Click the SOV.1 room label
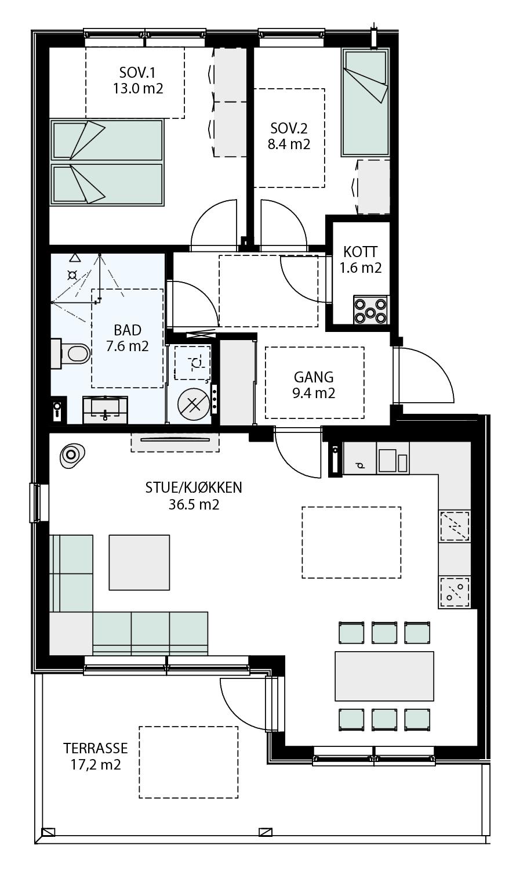tap(137, 73)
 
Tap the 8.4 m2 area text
tap(289, 145)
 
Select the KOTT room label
tap(360, 252)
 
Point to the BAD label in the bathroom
tap(128, 330)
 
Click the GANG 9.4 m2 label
tap(314, 385)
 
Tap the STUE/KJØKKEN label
tap(194, 487)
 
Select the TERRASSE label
tap(96, 749)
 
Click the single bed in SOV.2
tap(365, 103)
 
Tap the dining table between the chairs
tap(384, 676)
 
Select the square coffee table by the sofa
tap(139, 562)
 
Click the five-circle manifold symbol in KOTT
tap(370, 309)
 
